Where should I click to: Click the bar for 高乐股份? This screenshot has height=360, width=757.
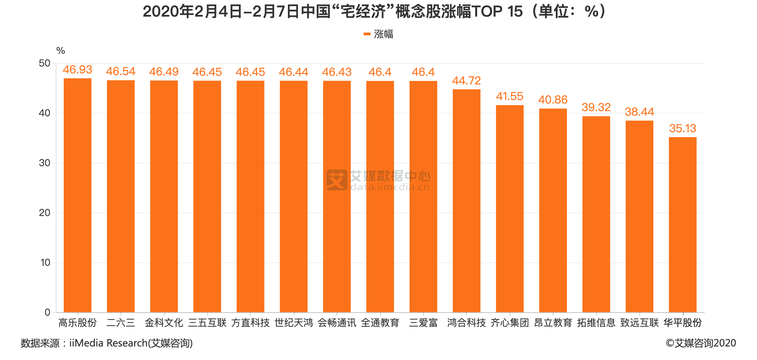click(78, 195)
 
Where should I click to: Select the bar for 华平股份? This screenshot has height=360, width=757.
click(683, 225)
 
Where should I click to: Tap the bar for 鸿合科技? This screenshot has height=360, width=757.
click(466, 201)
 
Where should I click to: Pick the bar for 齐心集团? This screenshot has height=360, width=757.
click(510, 209)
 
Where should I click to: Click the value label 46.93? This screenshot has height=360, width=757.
click(78, 70)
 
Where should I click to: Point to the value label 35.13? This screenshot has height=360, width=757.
click(683, 128)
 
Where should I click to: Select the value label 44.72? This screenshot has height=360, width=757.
click(466, 81)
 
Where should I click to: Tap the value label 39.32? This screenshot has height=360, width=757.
click(596, 107)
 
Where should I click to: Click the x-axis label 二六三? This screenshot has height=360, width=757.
click(121, 323)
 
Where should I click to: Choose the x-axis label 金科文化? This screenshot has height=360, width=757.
click(164, 323)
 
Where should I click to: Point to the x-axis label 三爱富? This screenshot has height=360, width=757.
click(423, 323)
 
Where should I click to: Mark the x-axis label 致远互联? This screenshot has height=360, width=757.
click(639, 323)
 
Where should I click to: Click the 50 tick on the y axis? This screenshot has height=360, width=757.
click(45, 63)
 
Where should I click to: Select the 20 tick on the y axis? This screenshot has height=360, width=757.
click(45, 213)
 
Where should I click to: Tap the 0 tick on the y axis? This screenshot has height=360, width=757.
click(47, 312)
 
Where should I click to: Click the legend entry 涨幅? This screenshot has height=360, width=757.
click(379, 34)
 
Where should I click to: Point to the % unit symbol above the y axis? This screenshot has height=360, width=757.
click(61, 51)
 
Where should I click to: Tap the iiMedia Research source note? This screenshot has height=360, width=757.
click(107, 343)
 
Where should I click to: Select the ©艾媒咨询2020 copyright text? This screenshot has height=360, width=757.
click(701, 343)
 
